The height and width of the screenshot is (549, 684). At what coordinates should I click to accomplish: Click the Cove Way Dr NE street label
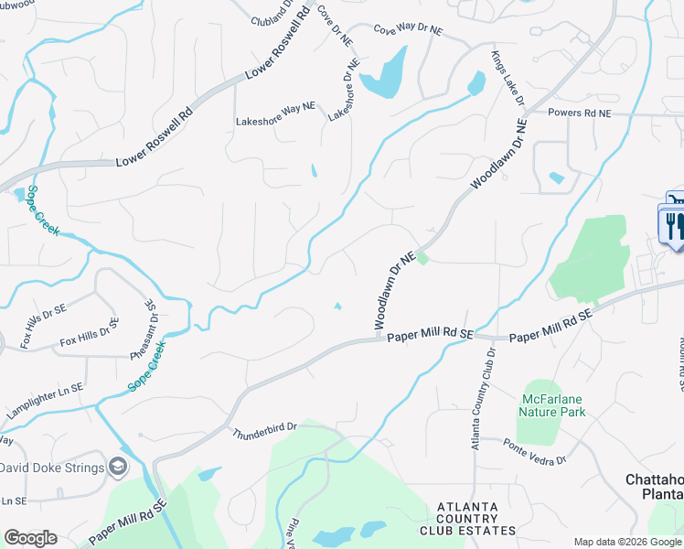(407, 30)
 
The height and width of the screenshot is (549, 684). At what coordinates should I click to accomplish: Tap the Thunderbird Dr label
(265, 427)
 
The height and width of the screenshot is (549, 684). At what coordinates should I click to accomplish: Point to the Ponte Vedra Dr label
(535, 450)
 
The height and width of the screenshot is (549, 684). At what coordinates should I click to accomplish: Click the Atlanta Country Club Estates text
(467, 518)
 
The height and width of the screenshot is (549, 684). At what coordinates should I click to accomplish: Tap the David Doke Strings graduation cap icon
(117, 467)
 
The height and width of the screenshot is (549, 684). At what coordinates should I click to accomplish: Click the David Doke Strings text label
(49, 468)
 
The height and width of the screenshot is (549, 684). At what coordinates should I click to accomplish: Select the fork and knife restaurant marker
(672, 224)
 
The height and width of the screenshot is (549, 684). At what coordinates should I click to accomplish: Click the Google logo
(30, 538)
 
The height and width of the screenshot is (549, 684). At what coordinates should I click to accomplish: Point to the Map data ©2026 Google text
(625, 542)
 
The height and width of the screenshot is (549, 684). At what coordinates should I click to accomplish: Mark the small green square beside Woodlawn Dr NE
(422, 260)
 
